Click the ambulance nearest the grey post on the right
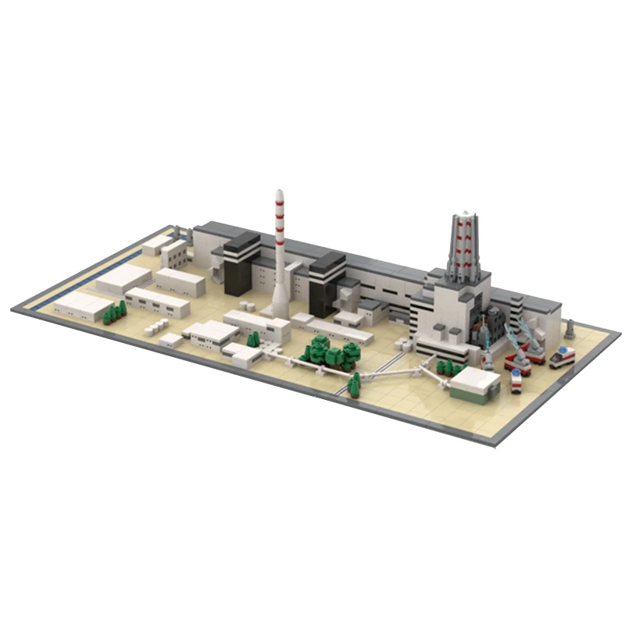(561, 357)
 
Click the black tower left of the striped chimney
(242, 266)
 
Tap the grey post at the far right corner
(570, 328)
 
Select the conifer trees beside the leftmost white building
(114, 312)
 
